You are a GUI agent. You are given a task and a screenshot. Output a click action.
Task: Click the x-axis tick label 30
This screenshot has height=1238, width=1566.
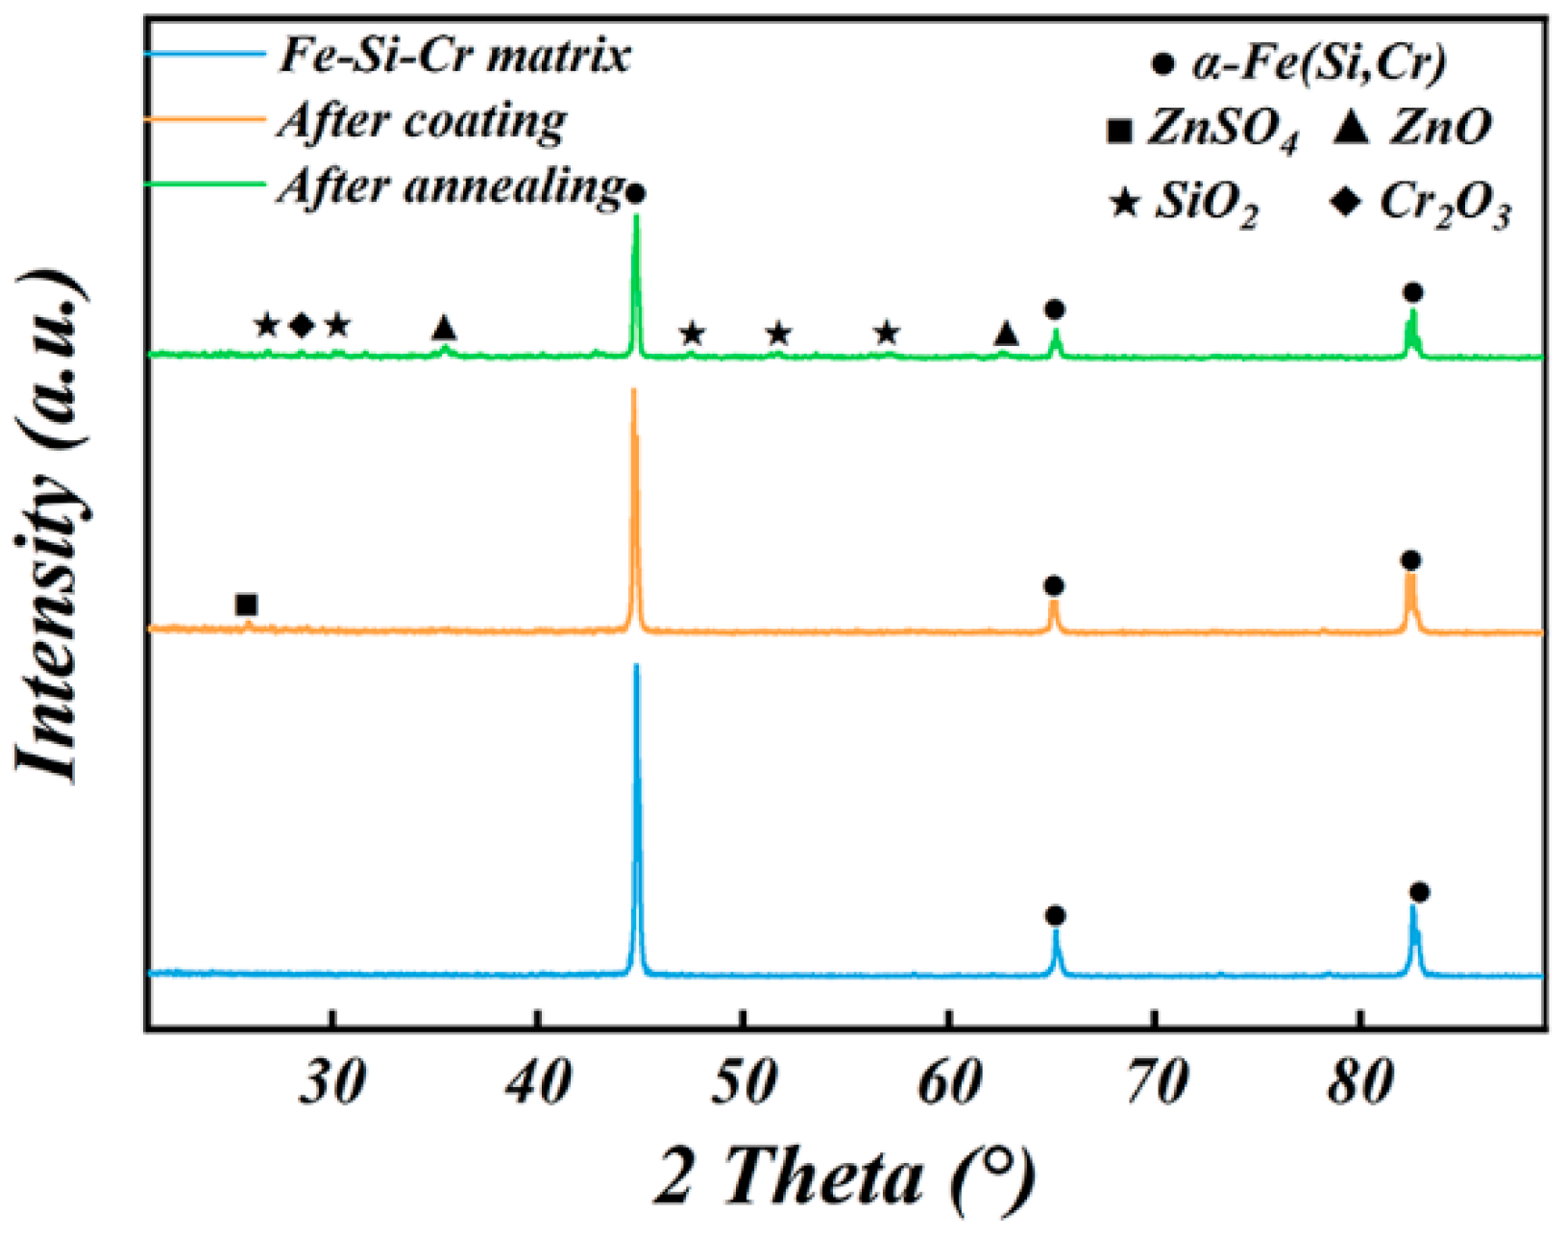(332, 1084)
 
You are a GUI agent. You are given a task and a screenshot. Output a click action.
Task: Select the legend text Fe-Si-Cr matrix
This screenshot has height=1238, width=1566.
(454, 54)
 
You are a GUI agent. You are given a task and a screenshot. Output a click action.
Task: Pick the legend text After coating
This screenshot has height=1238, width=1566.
(423, 121)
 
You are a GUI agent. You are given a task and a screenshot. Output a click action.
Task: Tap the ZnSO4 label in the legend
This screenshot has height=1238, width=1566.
(1220, 129)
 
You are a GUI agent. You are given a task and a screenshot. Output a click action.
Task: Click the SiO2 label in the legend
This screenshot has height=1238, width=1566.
(1206, 205)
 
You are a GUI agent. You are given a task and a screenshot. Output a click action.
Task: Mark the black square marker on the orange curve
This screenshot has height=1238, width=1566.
(246, 605)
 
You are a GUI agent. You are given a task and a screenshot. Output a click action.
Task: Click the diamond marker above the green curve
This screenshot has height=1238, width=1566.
(302, 326)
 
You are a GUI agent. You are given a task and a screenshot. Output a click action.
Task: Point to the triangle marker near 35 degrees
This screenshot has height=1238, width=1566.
(443, 328)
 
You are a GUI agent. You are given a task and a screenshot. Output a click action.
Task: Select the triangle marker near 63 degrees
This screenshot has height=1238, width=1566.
(1005, 334)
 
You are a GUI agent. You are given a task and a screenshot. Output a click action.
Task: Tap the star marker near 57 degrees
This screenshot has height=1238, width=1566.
(887, 334)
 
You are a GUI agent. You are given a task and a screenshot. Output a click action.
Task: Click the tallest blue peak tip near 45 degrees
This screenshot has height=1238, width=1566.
(636, 667)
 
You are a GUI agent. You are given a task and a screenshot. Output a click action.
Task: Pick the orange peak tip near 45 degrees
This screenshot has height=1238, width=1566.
(633, 391)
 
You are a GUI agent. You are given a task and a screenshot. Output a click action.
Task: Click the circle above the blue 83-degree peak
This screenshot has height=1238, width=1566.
(1419, 892)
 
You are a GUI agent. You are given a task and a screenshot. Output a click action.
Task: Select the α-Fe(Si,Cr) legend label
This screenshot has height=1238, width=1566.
(1318, 63)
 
